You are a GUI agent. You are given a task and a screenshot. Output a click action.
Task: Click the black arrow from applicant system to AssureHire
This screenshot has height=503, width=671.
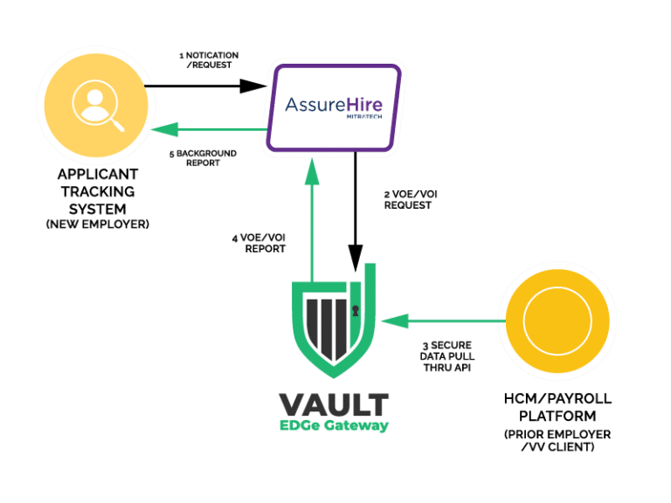205,86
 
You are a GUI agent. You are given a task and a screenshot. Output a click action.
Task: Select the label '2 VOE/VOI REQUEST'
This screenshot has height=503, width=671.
408,199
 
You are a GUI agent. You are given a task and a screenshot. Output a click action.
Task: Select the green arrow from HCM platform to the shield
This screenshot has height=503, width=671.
446,321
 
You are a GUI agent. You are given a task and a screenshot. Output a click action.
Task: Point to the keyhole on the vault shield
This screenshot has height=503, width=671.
356,310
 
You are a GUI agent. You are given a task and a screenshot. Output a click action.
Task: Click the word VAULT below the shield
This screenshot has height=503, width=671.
334,404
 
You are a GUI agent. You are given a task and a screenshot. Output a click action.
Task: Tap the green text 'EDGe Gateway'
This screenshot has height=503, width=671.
335,426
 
